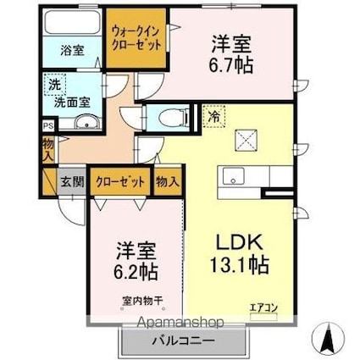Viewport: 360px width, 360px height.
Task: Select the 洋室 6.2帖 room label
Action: (136, 263)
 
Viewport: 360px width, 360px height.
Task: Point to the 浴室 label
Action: (70, 50)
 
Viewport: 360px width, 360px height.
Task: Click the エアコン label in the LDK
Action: (263, 307)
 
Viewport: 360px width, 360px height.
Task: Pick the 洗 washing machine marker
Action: (53, 85)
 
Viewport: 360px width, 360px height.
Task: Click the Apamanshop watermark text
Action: (174, 323)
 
